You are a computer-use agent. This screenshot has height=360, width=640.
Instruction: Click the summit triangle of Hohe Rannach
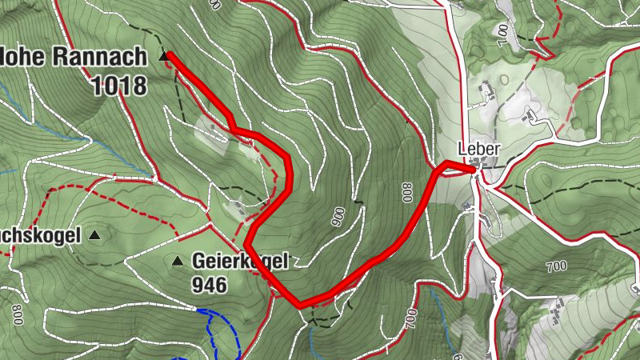(x=164, y=56)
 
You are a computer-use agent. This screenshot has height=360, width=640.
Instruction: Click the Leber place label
(x=478, y=149)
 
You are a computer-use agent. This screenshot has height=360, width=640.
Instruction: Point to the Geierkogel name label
(x=239, y=261)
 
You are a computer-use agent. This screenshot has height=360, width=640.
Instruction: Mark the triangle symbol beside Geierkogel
(x=178, y=261)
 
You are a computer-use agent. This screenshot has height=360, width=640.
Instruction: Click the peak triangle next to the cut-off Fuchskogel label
(x=95, y=235)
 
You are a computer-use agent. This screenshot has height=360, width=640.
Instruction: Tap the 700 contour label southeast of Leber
(x=557, y=266)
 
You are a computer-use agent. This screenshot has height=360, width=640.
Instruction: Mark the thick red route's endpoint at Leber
(x=474, y=169)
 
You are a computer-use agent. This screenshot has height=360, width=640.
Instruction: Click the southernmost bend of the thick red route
(x=299, y=304)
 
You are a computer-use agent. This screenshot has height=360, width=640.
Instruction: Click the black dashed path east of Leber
(x=560, y=197)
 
